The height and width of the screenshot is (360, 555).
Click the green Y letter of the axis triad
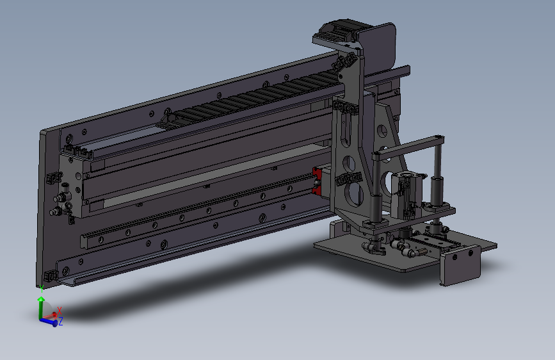pos(42,289)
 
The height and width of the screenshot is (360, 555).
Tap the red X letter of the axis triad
pos(60,311)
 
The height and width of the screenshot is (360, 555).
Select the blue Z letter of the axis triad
pos(61,322)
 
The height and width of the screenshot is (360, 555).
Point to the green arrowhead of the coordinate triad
pos(42,299)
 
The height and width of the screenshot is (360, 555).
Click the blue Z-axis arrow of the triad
pos(49,322)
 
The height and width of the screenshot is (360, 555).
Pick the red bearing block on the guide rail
pos(317,182)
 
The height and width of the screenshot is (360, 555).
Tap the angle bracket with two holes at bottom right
pos(460,265)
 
